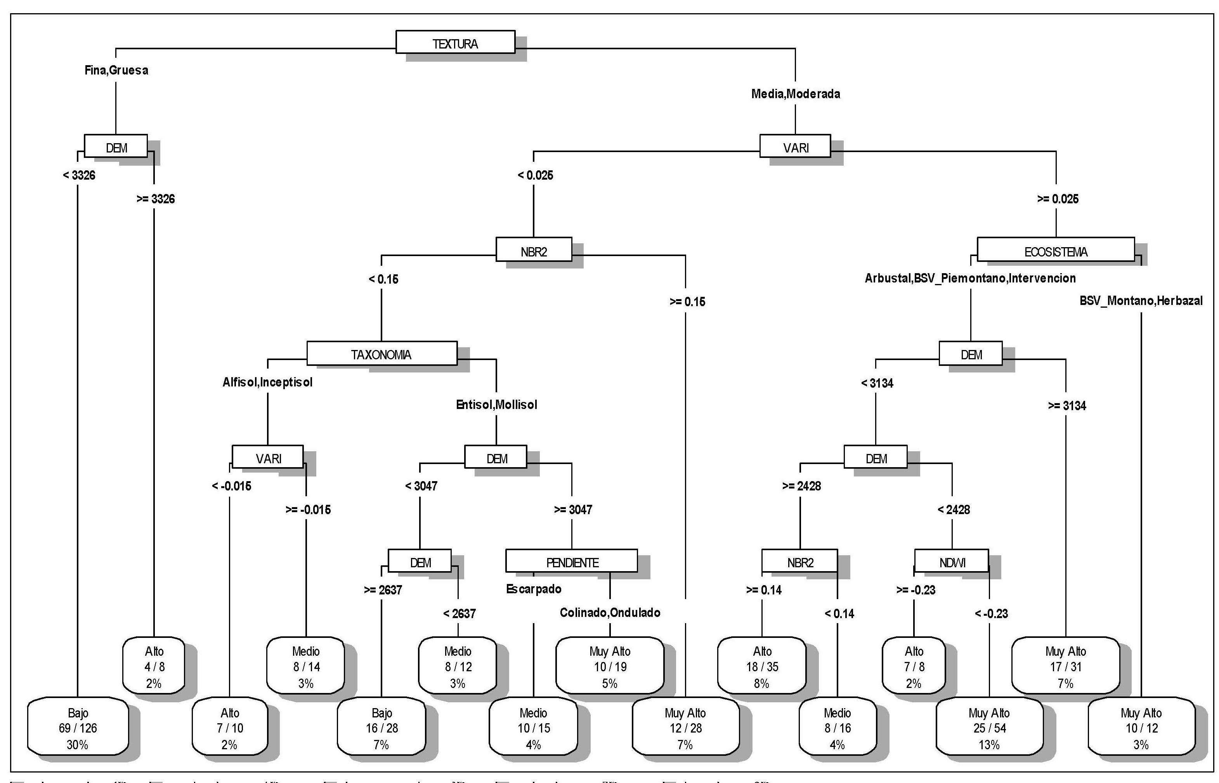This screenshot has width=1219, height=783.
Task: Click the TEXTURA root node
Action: (455, 42)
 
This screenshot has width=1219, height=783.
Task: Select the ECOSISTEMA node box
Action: (1055, 249)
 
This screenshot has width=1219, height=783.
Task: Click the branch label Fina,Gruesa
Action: (116, 70)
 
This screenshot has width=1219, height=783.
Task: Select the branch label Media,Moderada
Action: (795, 94)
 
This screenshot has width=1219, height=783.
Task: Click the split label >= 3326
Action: (155, 199)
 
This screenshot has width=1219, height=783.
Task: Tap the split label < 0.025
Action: (535, 175)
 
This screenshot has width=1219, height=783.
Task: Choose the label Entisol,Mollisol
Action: (496, 405)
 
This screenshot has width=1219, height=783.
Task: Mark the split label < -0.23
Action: (991, 614)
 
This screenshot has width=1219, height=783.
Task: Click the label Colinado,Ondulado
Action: (610, 613)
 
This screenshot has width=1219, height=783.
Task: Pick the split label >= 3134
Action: (1066, 406)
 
